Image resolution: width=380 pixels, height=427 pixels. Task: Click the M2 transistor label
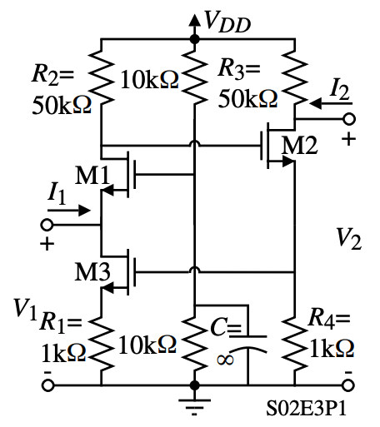tap(299, 144)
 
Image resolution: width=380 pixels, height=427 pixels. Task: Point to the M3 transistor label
tap(86, 272)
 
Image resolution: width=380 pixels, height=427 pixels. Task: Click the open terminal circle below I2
tap(349, 120)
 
